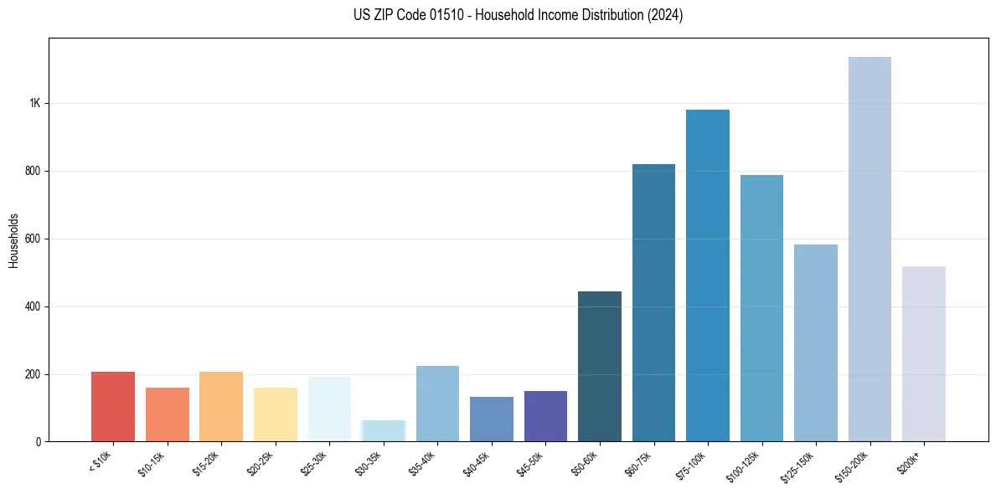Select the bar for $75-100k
tap(708, 275)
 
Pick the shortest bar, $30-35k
tap(384, 430)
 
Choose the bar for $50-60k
tap(600, 366)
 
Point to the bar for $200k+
tap(924, 353)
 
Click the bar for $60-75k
tap(653, 302)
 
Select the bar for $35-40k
tap(437, 404)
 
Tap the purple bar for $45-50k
tap(545, 416)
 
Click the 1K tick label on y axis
tap(34, 103)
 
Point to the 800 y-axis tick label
tap(33, 171)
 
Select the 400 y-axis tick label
tap(33, 306)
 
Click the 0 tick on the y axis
tap(39, 441)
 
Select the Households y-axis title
tap(13, 239)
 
